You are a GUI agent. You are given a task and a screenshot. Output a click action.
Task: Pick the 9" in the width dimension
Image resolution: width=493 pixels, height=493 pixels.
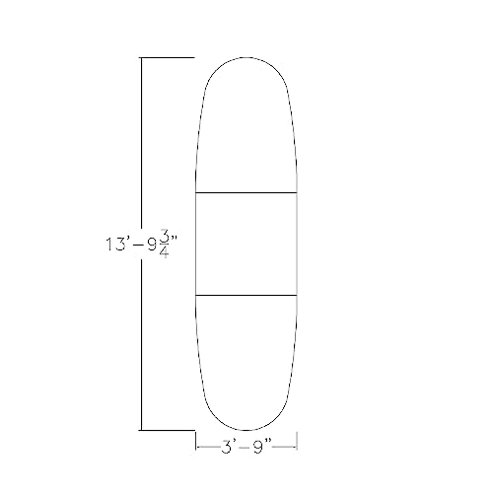coord(261,447)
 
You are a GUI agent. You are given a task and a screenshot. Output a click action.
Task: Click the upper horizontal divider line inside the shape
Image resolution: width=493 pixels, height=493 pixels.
coord(246,192)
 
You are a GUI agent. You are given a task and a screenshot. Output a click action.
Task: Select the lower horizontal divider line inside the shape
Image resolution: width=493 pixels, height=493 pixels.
coord(246,295)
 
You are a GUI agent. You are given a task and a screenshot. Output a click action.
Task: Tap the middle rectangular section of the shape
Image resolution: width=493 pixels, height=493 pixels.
coord(246,244)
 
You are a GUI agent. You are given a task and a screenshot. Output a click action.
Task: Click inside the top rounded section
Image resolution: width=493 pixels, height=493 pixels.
coord(246,128)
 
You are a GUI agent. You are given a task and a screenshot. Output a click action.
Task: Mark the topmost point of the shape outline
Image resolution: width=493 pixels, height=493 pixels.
coord(246,58)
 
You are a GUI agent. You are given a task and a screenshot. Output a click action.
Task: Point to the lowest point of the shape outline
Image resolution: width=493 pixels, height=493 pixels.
coord(246,430)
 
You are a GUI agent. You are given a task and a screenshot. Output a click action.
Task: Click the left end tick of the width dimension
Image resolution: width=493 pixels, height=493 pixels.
coord(196,447)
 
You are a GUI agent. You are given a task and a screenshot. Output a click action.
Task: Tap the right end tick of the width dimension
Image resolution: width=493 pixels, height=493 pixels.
coord(298,447)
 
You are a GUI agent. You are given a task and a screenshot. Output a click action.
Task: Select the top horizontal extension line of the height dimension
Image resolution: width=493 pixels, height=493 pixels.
coord(168,58)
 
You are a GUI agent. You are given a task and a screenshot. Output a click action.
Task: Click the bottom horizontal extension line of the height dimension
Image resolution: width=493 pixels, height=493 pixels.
coord(168,430)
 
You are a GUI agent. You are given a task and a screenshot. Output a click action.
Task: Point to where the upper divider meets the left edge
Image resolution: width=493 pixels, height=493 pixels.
coord(196,192)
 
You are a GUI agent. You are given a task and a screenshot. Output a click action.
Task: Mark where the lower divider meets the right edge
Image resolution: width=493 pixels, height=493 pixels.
coord(298,295)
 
